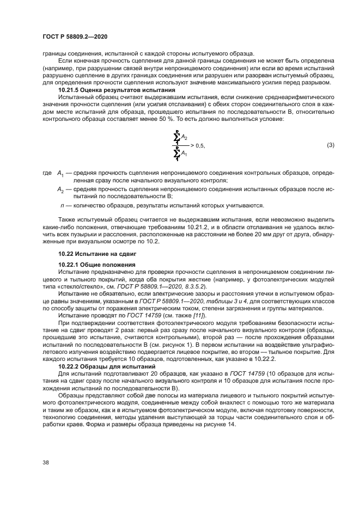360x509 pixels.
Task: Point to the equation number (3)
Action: click(330, 145)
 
